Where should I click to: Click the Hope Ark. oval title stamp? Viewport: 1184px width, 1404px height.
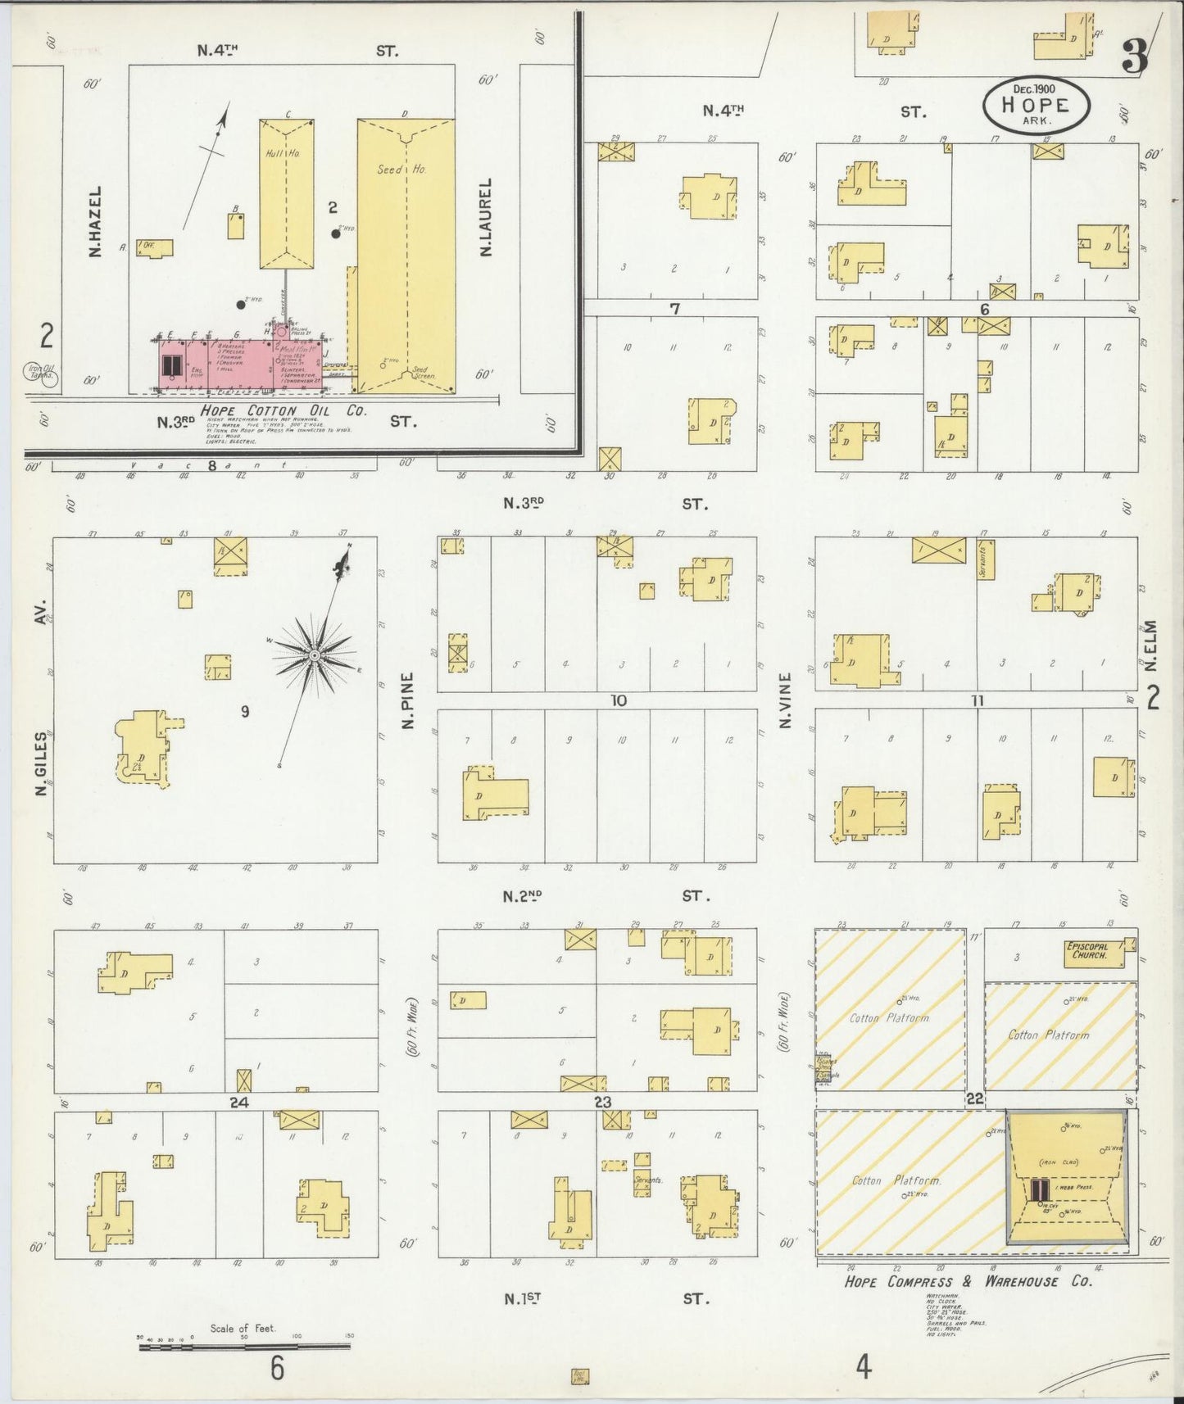click(1037, 105)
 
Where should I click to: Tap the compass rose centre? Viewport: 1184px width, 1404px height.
click(314, 655)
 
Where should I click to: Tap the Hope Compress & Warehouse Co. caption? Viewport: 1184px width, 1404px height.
click(968, 1281)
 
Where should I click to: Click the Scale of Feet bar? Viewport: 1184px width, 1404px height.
click(244, 1344)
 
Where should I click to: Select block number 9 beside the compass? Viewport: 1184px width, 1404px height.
click(244, 712)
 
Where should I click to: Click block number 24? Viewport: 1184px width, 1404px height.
click(238, 1103)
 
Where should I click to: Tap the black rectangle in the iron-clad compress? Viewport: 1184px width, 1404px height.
click(1040, 1189)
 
